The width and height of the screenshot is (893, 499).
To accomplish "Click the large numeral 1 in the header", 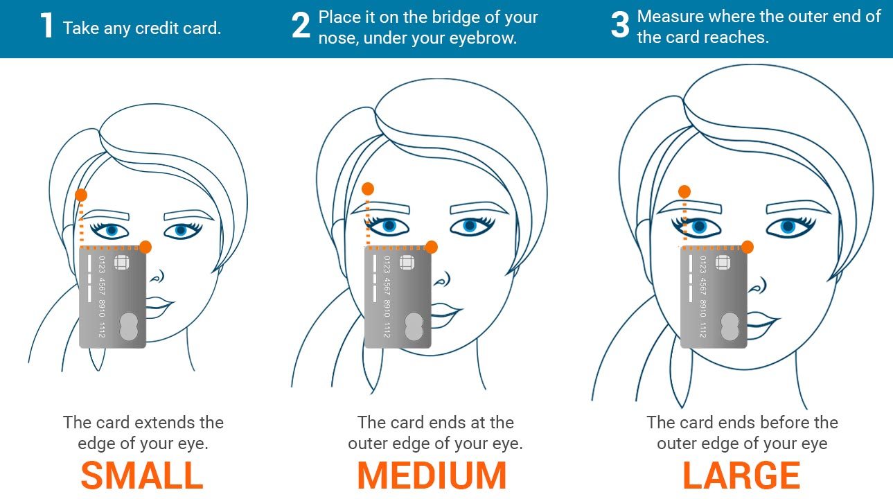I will pyautogui.click(x=46, y=27).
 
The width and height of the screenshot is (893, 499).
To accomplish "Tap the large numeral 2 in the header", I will pyautogui.click(x=301, y=27).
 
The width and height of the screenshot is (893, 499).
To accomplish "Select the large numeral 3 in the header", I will pyautogui.click(x=620, y=27).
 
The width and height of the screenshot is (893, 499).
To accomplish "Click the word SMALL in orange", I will pyautogui.click(x=142, y=475).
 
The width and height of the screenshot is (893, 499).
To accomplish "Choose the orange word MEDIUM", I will pyautogui.click(x=432, y=475).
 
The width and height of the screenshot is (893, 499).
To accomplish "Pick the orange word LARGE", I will pyautogui.click(x=741, y=475).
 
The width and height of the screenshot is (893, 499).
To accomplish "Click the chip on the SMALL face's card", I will pyautogui.click(x=121, y=263).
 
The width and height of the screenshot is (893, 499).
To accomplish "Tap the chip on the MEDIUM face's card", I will pyautogui.click(x=407, y=263).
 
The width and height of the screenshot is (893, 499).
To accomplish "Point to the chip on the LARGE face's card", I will pyautogui.click(x=723, y=263).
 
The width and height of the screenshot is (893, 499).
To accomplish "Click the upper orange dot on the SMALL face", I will pyautogui.click(x=81, y=195).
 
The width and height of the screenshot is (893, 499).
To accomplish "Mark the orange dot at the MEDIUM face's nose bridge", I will pyautogui.click(x=431, y=247).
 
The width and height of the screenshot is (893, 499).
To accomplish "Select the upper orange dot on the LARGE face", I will pyautogui.click(x=684, y=191).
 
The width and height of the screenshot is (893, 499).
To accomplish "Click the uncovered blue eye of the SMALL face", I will pyautogui.click(x=181, y=230).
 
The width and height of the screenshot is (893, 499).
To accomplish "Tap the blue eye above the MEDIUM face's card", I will pyautogui.click(x=389, y=225).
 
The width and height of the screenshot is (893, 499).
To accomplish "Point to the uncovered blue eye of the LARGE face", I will pyautogui.click(x=788, y=226).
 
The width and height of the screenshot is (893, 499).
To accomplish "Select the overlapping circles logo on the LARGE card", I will pyautogui.click(x=729, y=326).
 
